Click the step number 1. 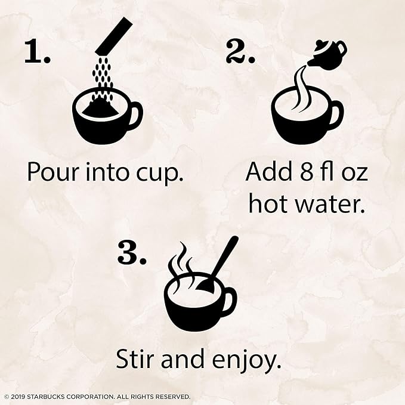pyautogui.click(x=37, y=52)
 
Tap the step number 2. pyautogui.click(x=240, y=51)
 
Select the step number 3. pyautogui.click(x=132, y=252)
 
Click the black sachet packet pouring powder pyautogui.click(x=114, y=35)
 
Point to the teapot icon pyautogui.click(x=327, y=55)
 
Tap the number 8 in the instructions pyautogui.click(x=307, y=172)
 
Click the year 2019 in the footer pyautogui.click(x=18, y=397)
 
